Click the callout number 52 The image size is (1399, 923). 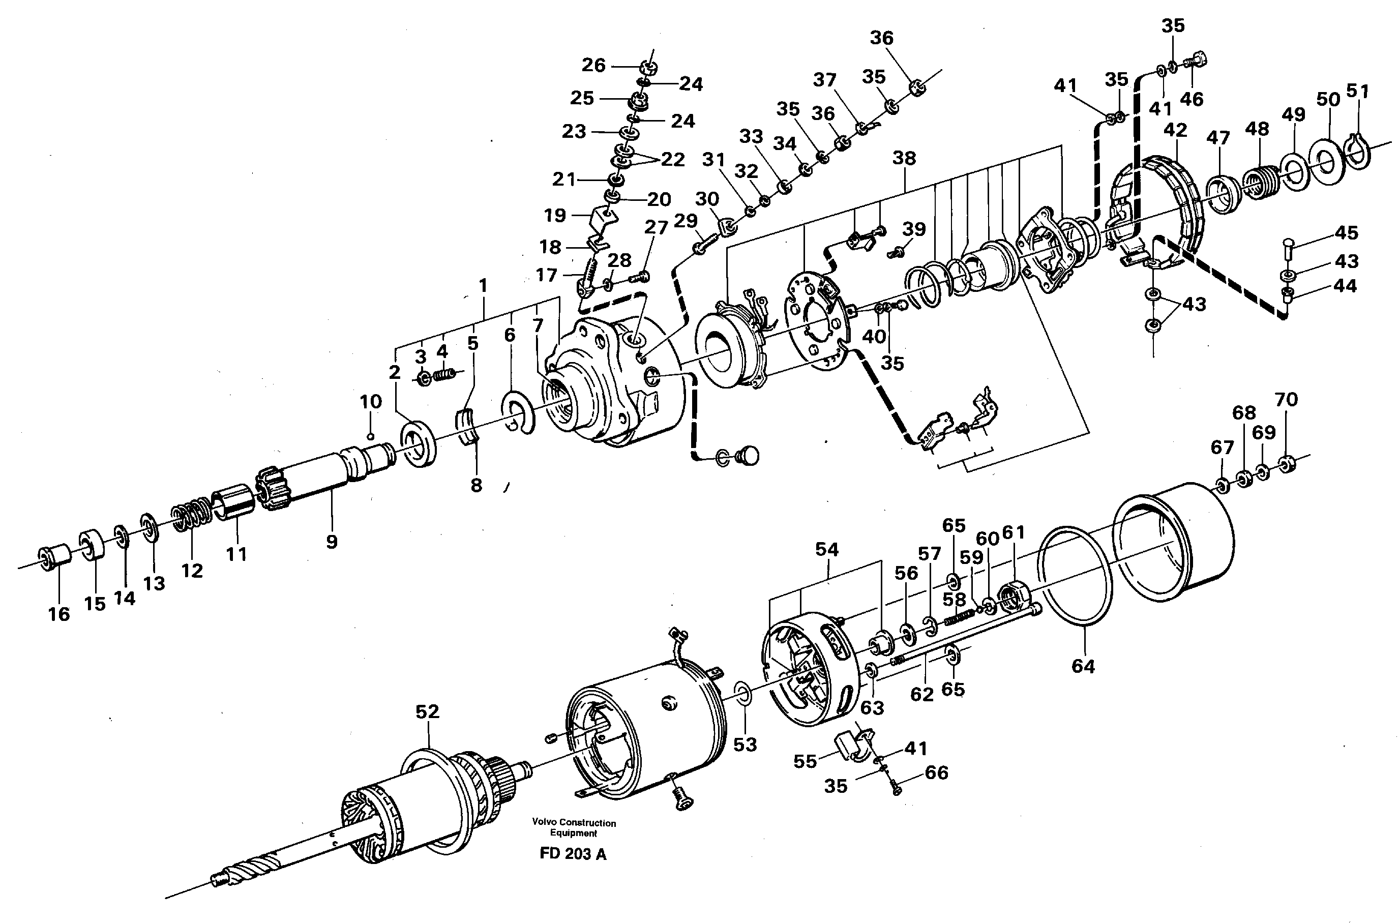[x=427, y=711]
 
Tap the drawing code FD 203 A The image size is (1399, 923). [x=572, y=854]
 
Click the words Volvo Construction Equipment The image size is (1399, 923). [x=573, y=827]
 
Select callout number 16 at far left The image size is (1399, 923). [x=59, y=614]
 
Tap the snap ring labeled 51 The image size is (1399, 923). [x=1357, y=152]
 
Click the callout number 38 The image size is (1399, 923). [x=904, y=158]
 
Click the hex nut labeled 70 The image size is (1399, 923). [x=1287, y=464]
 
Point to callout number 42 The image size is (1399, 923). [x=1175, y=130]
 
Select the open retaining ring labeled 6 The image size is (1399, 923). [x=518, y=410]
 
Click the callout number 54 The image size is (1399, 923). [x=826, y=549]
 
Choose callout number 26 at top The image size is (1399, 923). [x=593, y=65]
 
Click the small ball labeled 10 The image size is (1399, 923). [x=370, y=436]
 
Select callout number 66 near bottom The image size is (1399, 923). [x=936, y=772]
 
